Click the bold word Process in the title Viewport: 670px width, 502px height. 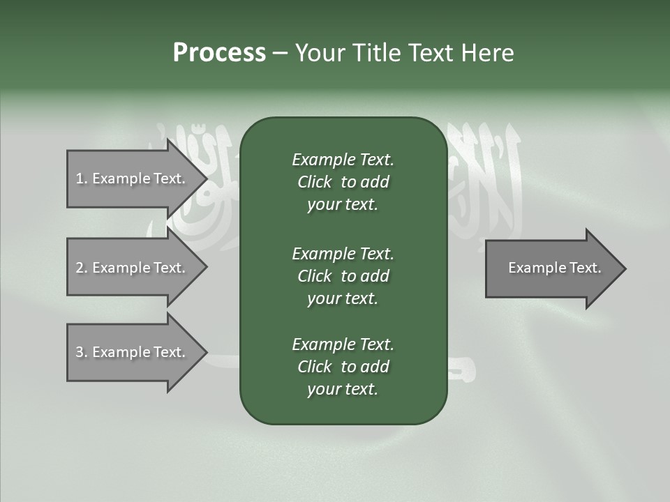click(x=219, y=52)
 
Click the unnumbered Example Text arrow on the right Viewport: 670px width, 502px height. click(x=554, y=268)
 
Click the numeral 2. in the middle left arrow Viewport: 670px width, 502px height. click(x=81, y=268)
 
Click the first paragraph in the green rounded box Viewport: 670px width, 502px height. click(x=343, y=182)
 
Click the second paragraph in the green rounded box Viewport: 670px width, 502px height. click(x=343, y=276)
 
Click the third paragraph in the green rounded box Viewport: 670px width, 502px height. click(x=343, y=367)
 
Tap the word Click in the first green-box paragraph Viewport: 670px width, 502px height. click(x=315, y=182)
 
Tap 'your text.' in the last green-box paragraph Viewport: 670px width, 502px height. click(x=343, y=389)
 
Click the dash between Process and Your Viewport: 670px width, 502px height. click(x=279, y=52)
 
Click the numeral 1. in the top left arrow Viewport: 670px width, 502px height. click(x=81, y=178)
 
